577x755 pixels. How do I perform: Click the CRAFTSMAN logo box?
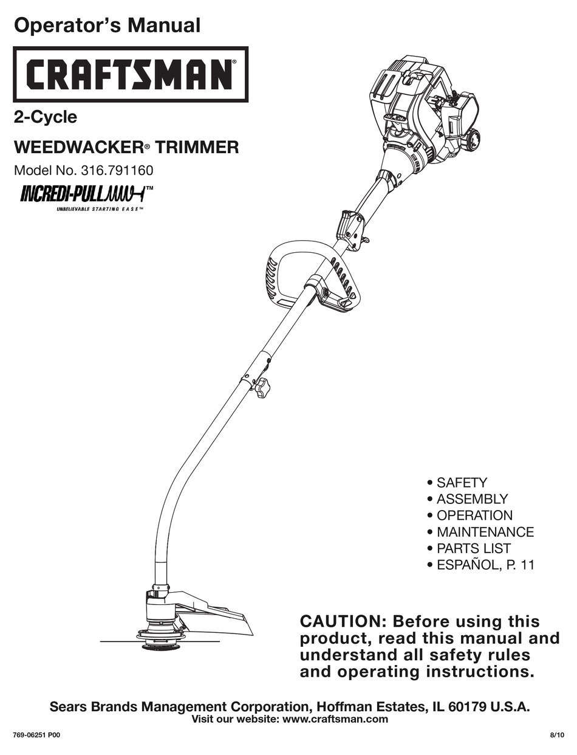(130, 74)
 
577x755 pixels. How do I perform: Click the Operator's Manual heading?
(107, 25)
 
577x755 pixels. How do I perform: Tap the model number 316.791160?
(121, 171)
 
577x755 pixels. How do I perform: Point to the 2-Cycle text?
(45, 117)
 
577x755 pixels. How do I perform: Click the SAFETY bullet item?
(461, 483)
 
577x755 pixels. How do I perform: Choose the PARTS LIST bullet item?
(473, 548)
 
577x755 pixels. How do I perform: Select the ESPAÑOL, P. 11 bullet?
(485, 565)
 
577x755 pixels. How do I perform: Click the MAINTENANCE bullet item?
(485, 532)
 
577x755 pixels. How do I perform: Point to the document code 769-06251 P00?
(36, 735)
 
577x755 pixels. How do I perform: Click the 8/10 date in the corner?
(556, 735)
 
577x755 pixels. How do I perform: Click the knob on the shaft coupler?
(262, 387)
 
